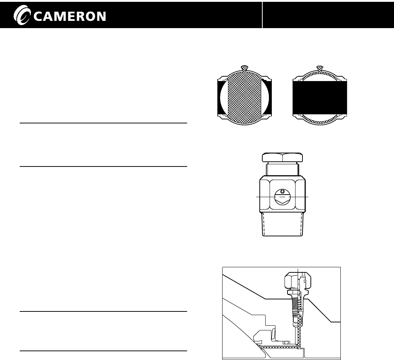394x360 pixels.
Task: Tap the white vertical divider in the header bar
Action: pyautogui.click(x=262, y=15)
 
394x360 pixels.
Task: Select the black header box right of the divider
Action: pyautogui.click(x=328, y=15)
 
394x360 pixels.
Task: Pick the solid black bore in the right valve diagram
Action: pyautogui.click(x=320, y=97)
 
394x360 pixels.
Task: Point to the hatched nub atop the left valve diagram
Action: pyautogui.click(x=245, y=68)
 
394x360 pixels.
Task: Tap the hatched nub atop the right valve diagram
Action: pyautogui.click(x=320, y=68)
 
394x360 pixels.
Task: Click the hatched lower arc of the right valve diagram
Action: pyautogui.click(x=320, y=122)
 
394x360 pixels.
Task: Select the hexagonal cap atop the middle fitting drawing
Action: pyautogui.click(x=282, y=158)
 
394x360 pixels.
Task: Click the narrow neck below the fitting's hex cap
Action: pyautogui.click(x=282, y=170)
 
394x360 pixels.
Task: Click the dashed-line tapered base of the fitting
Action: pyautogui.click(x=282, y=225)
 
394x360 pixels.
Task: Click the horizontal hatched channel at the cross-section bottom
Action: pyautogui.click(x=277, y=346)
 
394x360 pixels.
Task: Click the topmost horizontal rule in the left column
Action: pyautogui.click(x=103, y=123)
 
